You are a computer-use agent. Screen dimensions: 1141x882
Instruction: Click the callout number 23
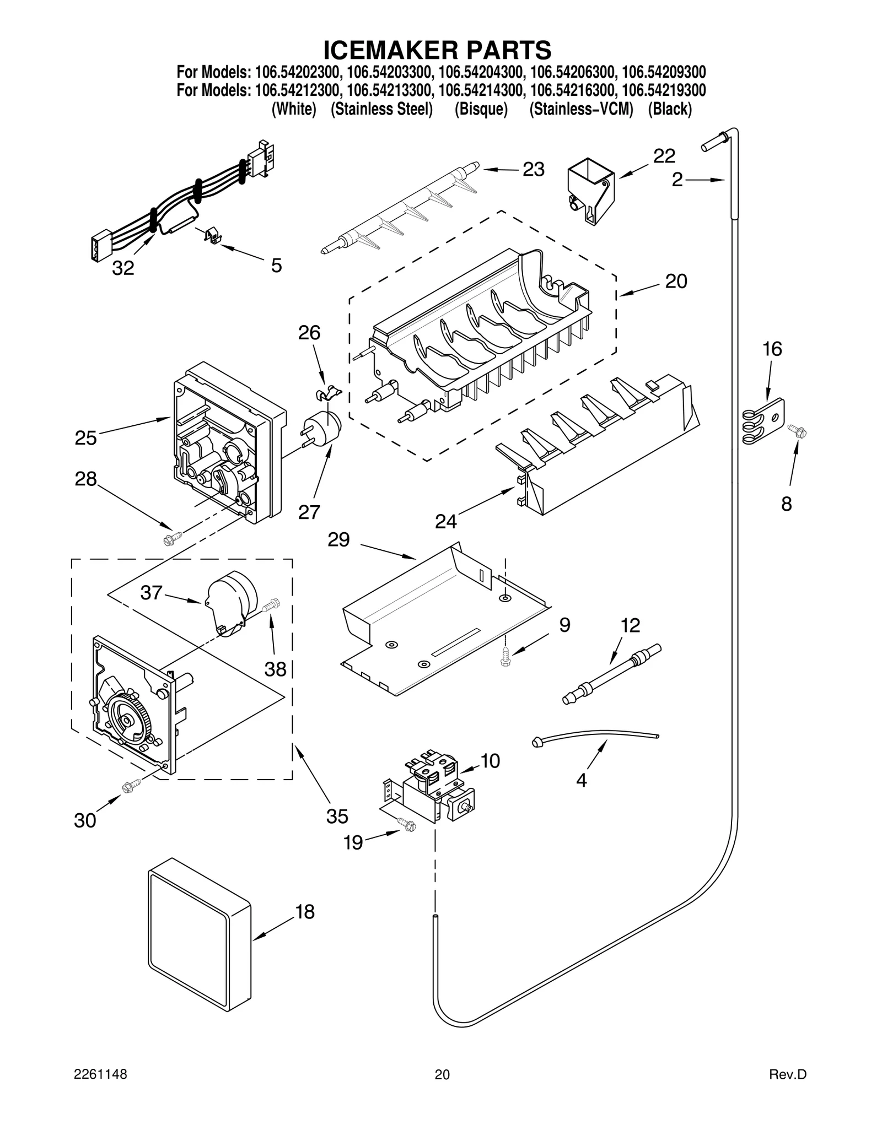click(533, 170)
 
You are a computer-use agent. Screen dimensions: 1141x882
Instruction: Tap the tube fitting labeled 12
click(611, 674)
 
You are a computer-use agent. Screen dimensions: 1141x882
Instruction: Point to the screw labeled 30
click(130, 788)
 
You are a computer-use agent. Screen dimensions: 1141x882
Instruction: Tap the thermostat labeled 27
click(324, 428)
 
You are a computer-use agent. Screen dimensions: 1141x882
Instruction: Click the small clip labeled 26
click(327, 393)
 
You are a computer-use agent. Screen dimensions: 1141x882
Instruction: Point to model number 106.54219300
click(663, 90)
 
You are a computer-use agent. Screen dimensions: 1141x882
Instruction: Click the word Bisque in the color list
click(481, 109)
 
